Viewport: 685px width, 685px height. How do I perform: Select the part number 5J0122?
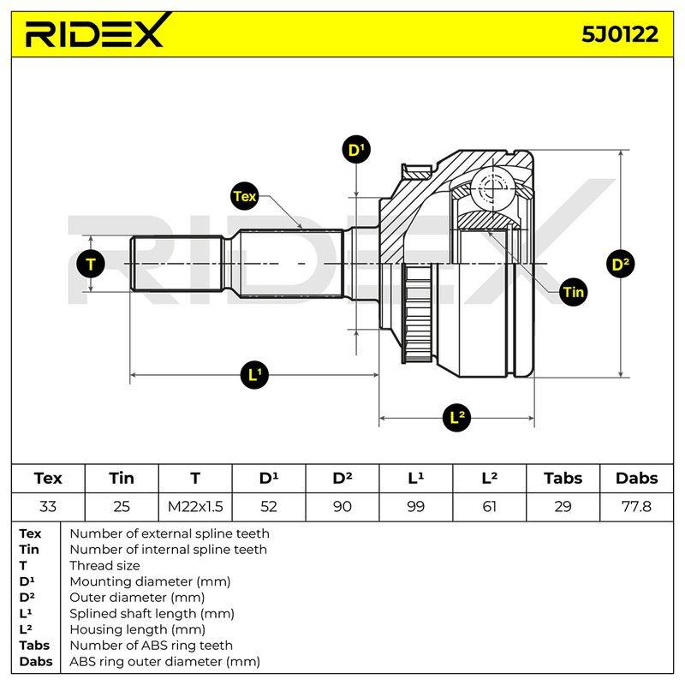(x=619, y=34)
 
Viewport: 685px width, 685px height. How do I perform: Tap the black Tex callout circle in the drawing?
(x=244, y=196)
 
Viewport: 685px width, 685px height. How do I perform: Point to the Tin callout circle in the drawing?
(x=573, y=292)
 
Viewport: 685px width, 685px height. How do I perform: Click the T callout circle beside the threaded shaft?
(x=91, y=264)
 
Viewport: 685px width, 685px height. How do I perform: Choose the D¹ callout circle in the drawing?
(x=356, y=149)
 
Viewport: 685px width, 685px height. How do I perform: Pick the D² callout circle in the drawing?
(x=620, y=264)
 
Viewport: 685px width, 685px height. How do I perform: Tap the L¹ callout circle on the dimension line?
(x=254, y=374)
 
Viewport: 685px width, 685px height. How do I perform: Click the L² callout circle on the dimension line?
(x=456, y=417)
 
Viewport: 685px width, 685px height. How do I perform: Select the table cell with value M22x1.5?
(x=195, y=506)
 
